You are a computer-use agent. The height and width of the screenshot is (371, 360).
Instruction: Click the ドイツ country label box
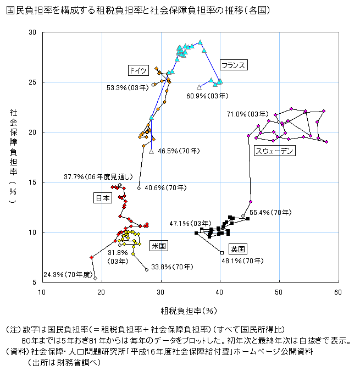point(137,70)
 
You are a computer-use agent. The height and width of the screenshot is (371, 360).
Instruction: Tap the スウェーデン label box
point(275,151)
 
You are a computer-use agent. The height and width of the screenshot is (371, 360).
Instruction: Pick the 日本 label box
point(103,198)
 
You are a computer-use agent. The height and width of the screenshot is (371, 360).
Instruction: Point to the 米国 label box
point(158,246)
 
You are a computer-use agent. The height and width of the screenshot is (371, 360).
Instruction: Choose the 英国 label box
point(237,248)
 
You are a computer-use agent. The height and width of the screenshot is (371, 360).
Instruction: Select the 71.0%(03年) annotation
point(246,114)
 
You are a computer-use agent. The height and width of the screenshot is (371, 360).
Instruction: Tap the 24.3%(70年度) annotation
point(66,274)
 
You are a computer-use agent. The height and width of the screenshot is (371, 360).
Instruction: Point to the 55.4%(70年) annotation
point(270,212)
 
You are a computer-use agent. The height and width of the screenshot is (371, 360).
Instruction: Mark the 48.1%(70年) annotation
point(242,262)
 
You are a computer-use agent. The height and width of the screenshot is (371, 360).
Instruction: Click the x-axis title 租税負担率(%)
point(189,311)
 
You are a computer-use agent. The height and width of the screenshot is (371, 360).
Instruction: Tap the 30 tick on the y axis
point(32,32)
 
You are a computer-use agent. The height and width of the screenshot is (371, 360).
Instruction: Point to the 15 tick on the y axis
point(32,182)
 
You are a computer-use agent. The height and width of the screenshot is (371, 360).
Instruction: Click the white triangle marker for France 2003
point(199,87)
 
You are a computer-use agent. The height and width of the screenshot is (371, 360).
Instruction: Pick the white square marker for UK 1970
point(221,253)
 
